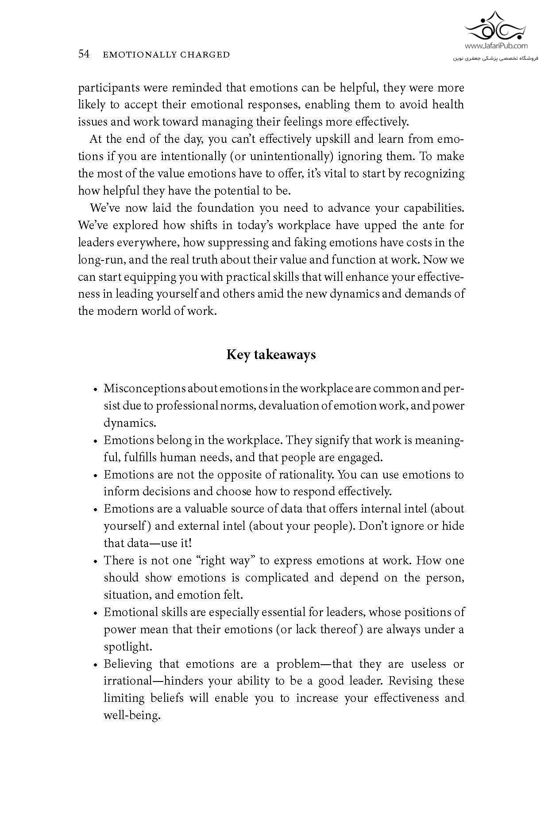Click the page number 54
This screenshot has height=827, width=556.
pyautogui.click(x=84, y=54)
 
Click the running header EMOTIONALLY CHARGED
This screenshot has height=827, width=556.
pyautogui.click(x=166, y=55)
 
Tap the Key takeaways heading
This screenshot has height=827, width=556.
pyautogui.click(x=271, y=355)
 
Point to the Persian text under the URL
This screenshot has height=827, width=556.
pyautogui.click(x=495, y=58)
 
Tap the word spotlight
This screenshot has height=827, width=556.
pyautogui.click(x=127, y=647)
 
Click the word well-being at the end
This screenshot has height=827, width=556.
pyautogui.click(x=131, y=716)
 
